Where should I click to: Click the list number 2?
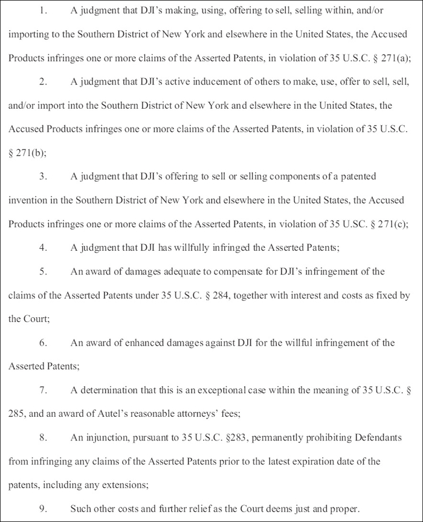coord(43,81)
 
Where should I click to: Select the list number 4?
coord(43,247)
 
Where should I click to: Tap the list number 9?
coord(43,508)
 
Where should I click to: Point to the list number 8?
coord(43,437)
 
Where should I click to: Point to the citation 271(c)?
coord(393,224)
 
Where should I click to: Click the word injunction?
coord(101,437)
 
